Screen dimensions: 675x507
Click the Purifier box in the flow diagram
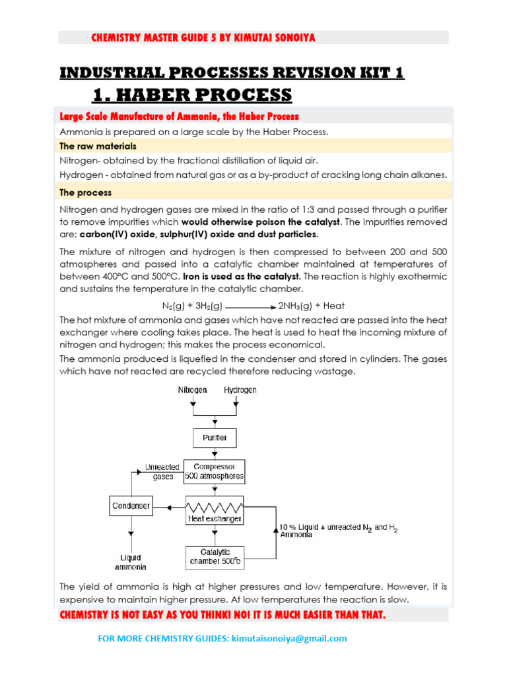(x=213, y=438)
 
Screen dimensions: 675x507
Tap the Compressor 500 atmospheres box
(x=214, y=471)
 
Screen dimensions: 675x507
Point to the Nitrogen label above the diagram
(x=192, y=390)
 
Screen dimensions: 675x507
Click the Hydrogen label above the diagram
(x=240, y=390)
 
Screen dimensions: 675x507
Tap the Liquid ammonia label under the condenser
(x=131, y=562)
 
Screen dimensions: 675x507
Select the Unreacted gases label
(x=162, y=472)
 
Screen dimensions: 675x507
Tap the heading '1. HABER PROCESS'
(x=192, y=95)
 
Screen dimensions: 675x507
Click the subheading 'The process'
(x=85, y=193)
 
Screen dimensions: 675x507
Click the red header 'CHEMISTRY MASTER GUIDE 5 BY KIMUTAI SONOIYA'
(x=203, y=38)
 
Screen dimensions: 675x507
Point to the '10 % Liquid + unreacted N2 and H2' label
(x=339, y=529)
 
